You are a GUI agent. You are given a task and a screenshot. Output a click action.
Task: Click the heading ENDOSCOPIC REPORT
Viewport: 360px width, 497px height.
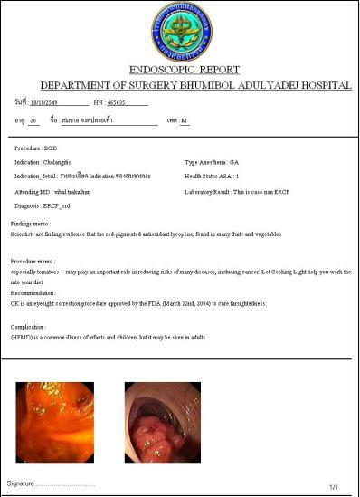coord(184,69)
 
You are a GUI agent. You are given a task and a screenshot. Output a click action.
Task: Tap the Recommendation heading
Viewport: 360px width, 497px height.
coord(33,292)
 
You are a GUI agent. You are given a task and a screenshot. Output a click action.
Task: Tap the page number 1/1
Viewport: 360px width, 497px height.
coord(334,487)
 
